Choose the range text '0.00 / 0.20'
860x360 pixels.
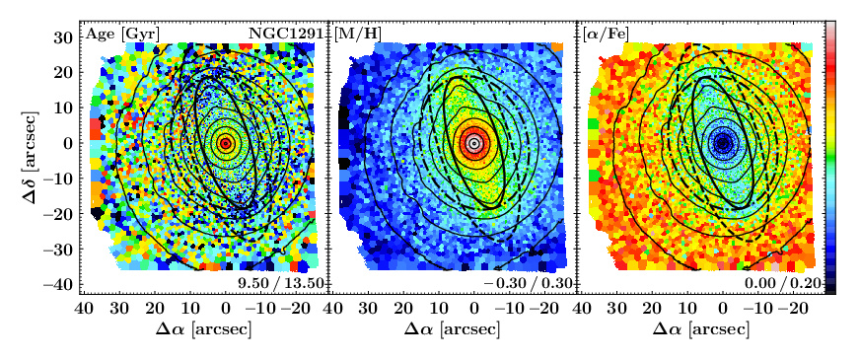[x=783, y=284]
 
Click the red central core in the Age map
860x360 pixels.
[x=225, y=143]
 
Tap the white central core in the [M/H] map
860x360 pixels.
[x=474, y=143]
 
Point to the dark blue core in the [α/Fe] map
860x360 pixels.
[x=723, y=143]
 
